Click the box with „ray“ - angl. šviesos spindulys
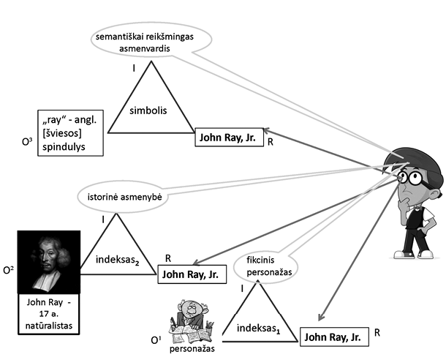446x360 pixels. pyautogui.click(x=71, y=132)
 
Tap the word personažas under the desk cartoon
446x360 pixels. pyautogui.click(x=192, y=349)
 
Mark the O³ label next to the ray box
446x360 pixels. pyautogui.click(x=26, y=137)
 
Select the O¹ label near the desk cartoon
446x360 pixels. pyautogui.click(x=155, y=340)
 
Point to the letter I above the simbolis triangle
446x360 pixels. pyautogui.click(x=134, y=68)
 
